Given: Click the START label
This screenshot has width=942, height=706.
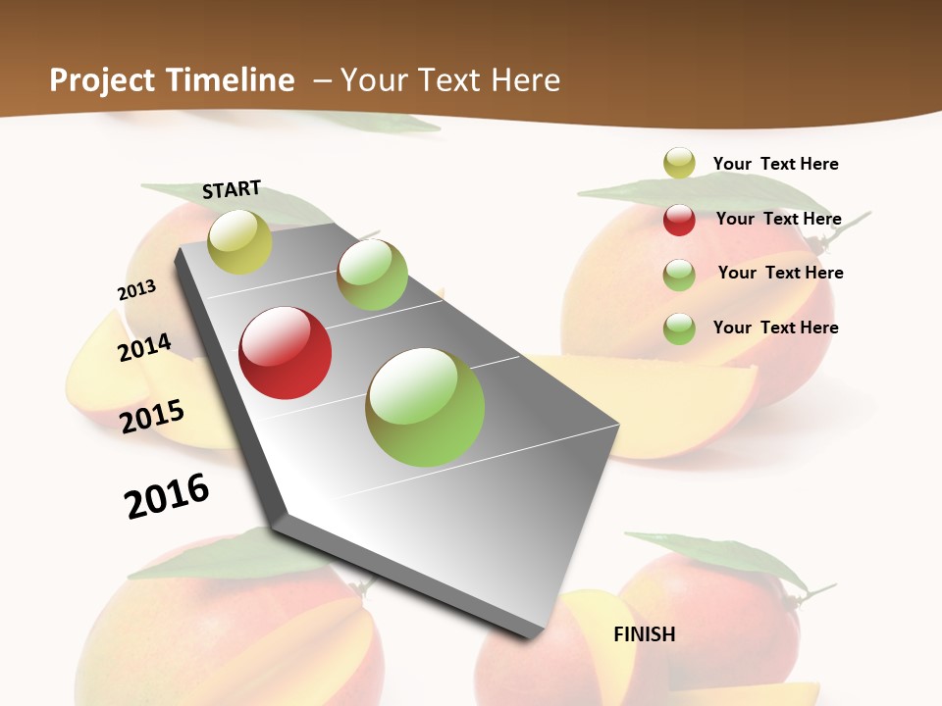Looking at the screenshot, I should point(232,189).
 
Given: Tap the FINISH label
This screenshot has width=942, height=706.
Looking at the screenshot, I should point(645,634).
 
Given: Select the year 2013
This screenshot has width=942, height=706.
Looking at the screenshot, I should point(136,290).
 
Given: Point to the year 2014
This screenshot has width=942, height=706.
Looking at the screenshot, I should point(144,347).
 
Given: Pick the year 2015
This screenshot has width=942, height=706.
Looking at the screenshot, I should point(152,416).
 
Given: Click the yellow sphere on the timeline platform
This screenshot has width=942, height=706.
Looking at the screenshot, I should point(239,241).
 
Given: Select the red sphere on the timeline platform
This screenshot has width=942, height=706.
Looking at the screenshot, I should point(286,353).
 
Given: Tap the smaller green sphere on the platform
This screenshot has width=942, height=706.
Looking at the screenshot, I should point(372,275).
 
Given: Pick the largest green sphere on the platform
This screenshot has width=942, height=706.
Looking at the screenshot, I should point(425,407).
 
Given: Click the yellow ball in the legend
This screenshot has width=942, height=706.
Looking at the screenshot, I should point(679,163).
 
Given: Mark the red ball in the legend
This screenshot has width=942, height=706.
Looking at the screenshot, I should point(679,220).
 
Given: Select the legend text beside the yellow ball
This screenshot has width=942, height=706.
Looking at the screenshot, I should point(775,164).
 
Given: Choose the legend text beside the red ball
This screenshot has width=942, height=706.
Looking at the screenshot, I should point(778,219).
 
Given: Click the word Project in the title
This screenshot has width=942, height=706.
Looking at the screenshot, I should point(102,80).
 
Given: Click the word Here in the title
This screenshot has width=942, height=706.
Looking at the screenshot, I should point(525,80).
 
